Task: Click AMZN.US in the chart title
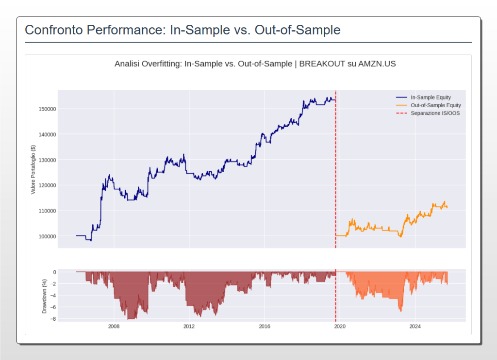click(x=377, y=64)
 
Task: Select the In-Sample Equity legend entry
click(x=431, y=98)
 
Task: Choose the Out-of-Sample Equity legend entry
click(x=435, y=105)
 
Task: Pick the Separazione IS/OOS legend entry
click(x=435, y=113)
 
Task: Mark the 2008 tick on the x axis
click(x=114, y=327)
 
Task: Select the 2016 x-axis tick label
click(x=264, y=327)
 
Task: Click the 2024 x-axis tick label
click(x=414, y=327)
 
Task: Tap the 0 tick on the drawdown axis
click(x=54, y=272)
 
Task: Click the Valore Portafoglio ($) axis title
click(x=33, y=169)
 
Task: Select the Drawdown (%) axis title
click(x=44, y=296)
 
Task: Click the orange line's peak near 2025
click(x=444, y=201)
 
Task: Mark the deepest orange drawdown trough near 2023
click(x=401, y=311)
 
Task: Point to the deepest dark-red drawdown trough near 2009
click(x=129, y=319)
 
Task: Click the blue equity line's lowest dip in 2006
click(x=91, y=240)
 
